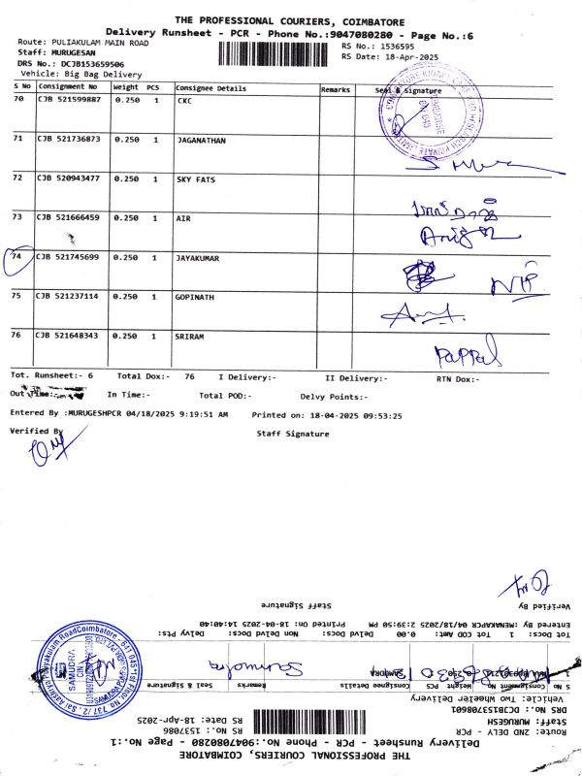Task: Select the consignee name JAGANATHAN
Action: [201, 140]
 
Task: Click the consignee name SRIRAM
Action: [190, 335]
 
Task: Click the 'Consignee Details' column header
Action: [210, 87]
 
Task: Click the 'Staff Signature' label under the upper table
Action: [292, 434]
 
